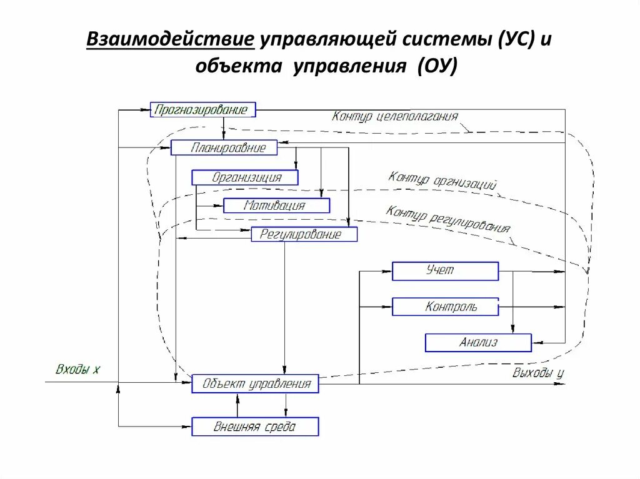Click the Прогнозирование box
pyautogui.click(x=203, y=110)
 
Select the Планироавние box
pyautogui.click(x=224, y=147)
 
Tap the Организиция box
pyautogui.click(x=245, y=177)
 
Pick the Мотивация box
pyautogui.click(x=276, y=205)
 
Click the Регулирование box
pyautogui.click(x=304, y=235)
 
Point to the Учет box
pyautogui.click(x=445, y=271)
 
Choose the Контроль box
pyautogui.click(x=445, y=307)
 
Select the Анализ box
pyautogui.click(x=478, y=342)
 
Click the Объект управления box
pyautogui.click(x=255, y=383)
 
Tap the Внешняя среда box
pyautogui.click(x=255, y=427)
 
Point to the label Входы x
pyautogui.click(x=77, y=370)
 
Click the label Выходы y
pyautogui.click(x=538, y=373)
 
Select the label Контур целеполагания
pyautogui.click(x=395, y=116)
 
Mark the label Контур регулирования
pyautogui.click(x=447, y=219)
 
